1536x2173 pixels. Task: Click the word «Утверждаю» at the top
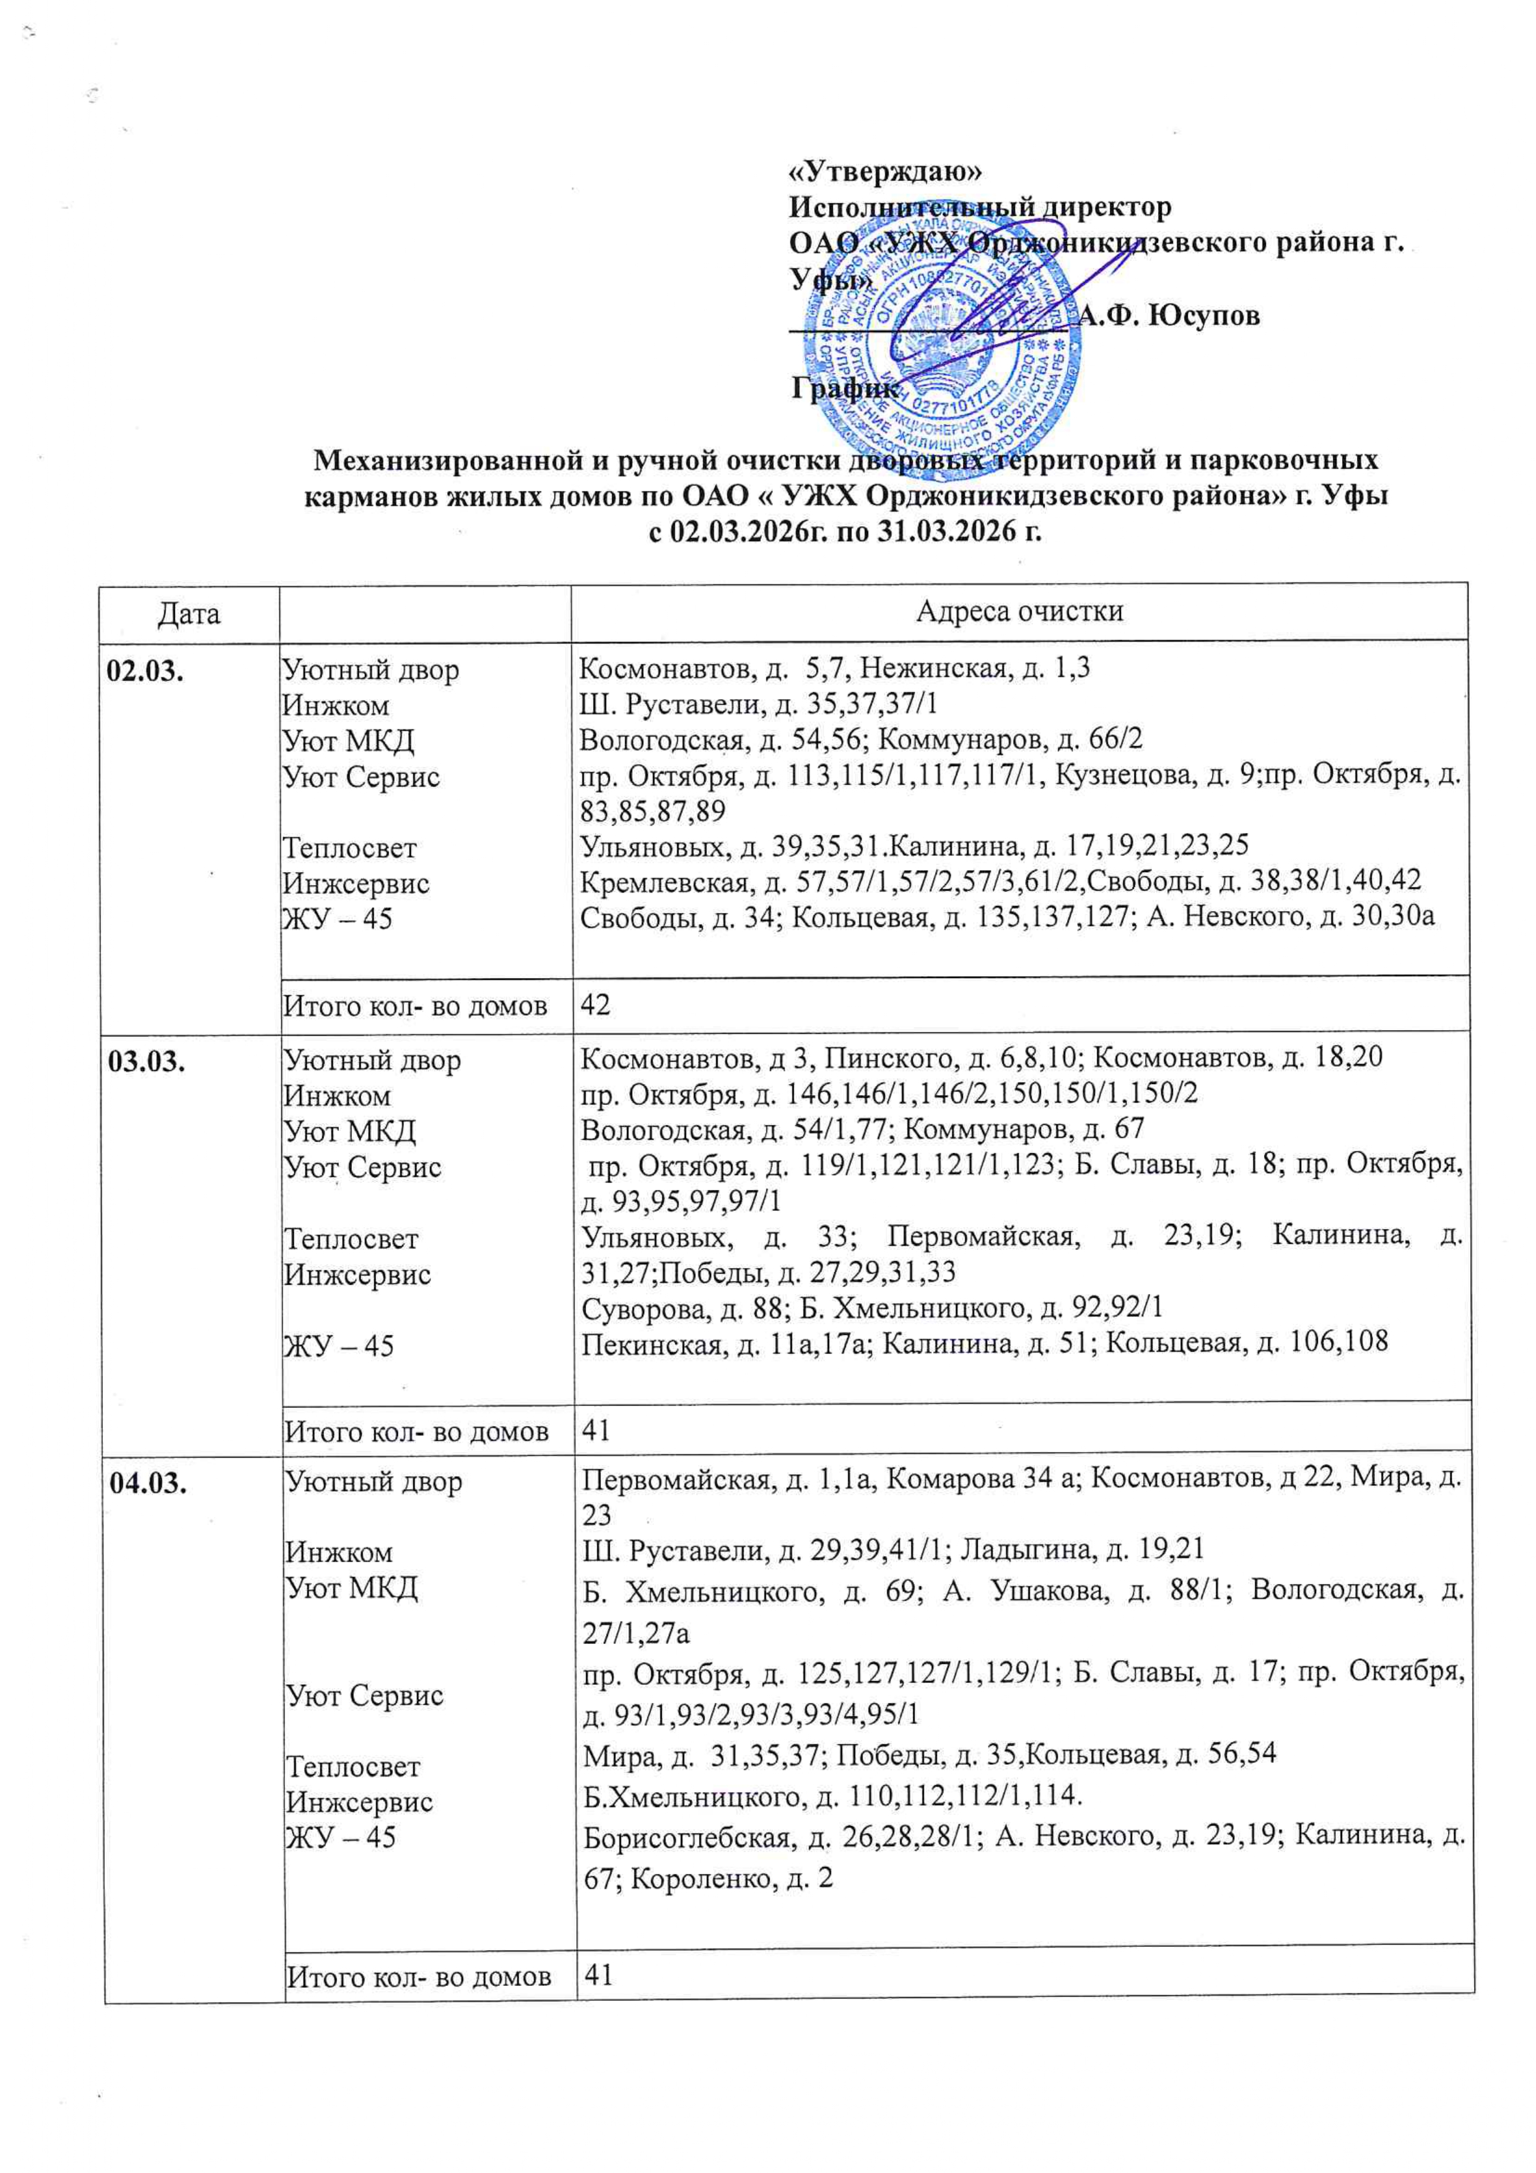(886, 172)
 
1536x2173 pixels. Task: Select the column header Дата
(190, 613)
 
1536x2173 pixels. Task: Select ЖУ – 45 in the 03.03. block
(339, 1345)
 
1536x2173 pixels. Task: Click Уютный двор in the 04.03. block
(374, 1481)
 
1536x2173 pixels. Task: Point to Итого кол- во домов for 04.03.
(418, 1976)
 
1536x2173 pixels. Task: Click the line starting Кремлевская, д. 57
(1000, 880)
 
